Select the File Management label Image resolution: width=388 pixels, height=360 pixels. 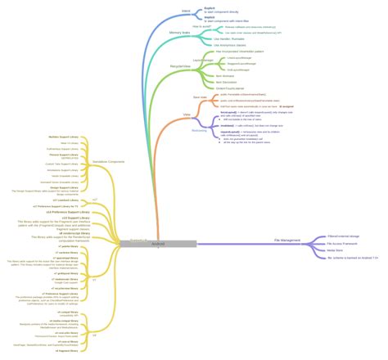coord(288,241)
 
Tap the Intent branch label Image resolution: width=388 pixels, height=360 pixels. coord(186,11)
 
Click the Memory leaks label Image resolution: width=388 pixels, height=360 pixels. coord(180,33)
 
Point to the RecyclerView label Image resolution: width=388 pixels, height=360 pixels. coord(181,66)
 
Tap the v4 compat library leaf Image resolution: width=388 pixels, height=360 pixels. coord(69,312)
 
